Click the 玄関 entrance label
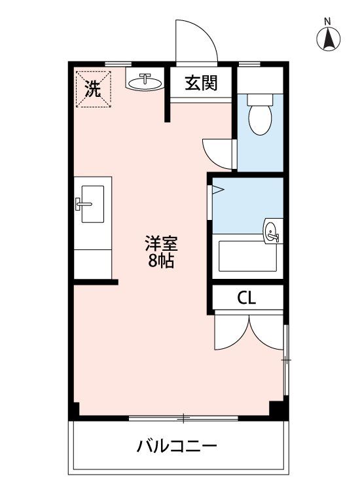[201, 83]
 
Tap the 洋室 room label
[161, 244]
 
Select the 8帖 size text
[161, 261]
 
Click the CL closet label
[247, 298]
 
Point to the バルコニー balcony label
[177, 446]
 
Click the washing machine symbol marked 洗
[94, 89]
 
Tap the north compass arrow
[328, 39]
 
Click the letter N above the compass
[327, 22]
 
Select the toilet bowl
[260, 120]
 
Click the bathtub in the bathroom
[247, 256]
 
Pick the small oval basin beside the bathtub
[272, 231]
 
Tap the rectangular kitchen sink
[93, 204]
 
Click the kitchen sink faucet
[82, 204]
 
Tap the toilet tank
[260, 100]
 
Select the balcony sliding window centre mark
[184, 418]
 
